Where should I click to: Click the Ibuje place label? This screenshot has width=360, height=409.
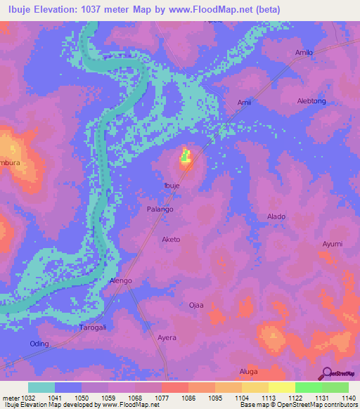pyautogui.click(x=172, y=186)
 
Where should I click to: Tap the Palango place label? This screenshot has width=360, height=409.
pyautogui.click(x=160, y=209)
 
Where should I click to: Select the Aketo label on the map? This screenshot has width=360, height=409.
pyautogui.click(x=172, y=240)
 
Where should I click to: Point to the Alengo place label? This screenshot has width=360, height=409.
pyautogui.click(x=121, y=281)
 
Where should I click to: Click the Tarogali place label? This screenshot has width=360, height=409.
pyautogui.click(x=92, y=327)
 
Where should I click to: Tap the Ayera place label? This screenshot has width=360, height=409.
pyautogui.click(x=167, y=338)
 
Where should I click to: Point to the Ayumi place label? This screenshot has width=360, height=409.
pyautogui.click(x=332, y=244)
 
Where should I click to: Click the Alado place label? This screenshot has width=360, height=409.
pyautogui.click(x=276, y=216)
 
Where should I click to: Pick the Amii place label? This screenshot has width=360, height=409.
pyautogui.click(x=244, y=103)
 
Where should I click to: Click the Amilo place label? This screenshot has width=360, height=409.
pyautogui.click(x=304, y=53)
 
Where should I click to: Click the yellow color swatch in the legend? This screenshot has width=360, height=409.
pyautogui.click(x=281, y=387)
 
